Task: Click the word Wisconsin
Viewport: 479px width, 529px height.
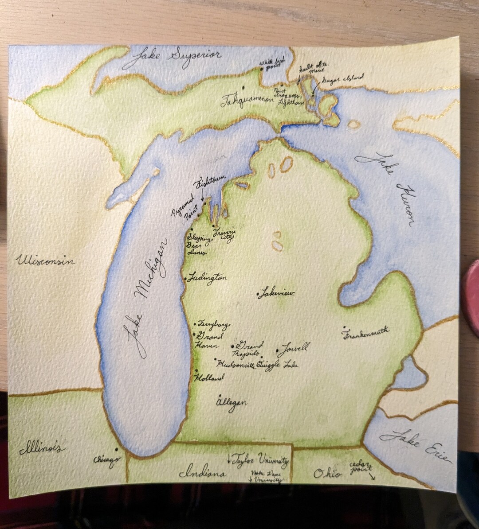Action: click(45, 261)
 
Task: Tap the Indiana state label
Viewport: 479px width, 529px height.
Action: click(203, 473)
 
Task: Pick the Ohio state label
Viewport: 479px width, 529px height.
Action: click(328, 474)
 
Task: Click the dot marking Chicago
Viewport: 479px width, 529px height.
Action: click(117, 449)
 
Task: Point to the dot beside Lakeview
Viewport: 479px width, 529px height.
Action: click(258, 294)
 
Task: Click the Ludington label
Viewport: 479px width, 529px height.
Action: click(207, 278)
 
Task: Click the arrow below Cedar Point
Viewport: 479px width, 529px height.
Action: click(372, 476)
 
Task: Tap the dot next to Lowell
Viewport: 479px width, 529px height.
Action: click(278, 351)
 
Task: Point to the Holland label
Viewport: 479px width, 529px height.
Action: click(209, 378)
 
